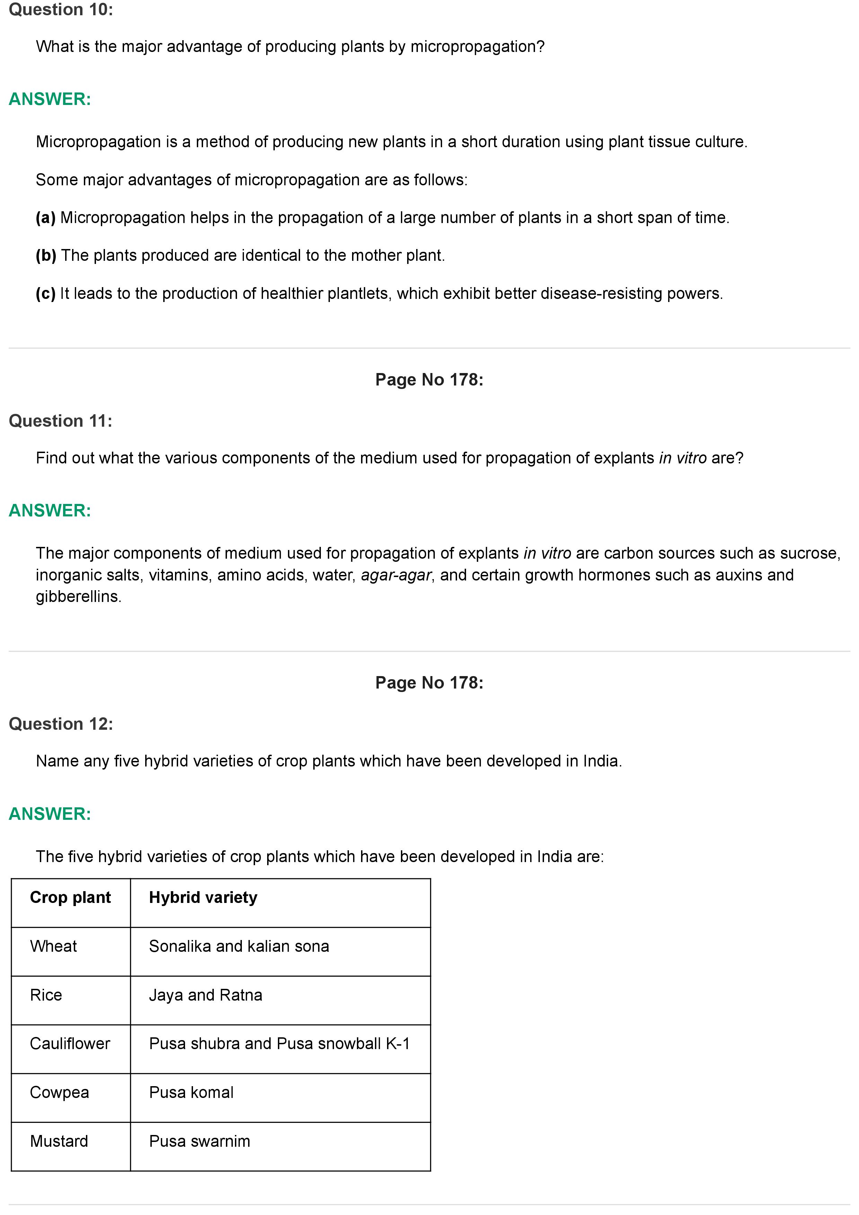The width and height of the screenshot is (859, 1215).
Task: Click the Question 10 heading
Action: tap(61, 10)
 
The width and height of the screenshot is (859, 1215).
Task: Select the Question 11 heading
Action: tap(60, 421)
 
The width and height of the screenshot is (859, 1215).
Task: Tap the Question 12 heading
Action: tap(61, 724)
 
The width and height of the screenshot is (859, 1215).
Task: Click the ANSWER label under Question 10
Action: tap(50, 99)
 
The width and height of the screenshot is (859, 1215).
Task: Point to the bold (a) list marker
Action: tap(45, 218)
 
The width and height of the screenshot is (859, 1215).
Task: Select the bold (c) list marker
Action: tap(45, 294)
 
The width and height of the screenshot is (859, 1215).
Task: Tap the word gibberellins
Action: tap(78, 596)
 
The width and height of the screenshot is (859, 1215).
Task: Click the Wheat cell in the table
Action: tap(53, 946)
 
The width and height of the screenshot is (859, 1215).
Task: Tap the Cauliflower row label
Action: tap(70, 1044)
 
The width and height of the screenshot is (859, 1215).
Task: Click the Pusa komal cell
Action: tap(191, 1092)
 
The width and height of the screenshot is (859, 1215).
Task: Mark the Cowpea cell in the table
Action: tap(59, 1092)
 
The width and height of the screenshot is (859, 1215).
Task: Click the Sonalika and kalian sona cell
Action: tap(239, 946)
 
